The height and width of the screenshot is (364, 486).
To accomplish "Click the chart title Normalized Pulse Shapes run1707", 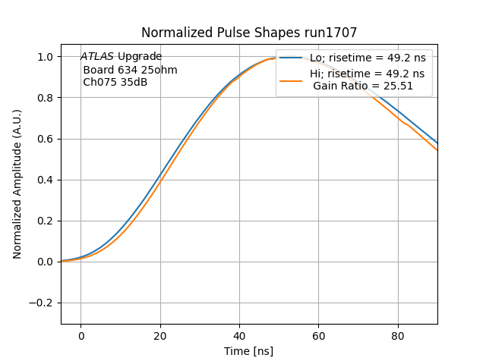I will [249, 33].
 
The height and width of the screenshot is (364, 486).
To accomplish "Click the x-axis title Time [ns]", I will [248, 351].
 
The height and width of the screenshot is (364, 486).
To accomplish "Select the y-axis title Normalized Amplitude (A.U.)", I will [17, 184].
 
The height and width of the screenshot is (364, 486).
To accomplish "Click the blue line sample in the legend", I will [292, 58].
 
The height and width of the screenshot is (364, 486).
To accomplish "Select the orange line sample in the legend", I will [292, 80].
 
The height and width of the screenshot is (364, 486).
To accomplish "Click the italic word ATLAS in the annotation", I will [97, 57].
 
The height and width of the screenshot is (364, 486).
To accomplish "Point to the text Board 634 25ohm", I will [130, 70].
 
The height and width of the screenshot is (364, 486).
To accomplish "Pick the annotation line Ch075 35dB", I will [115, 82].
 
